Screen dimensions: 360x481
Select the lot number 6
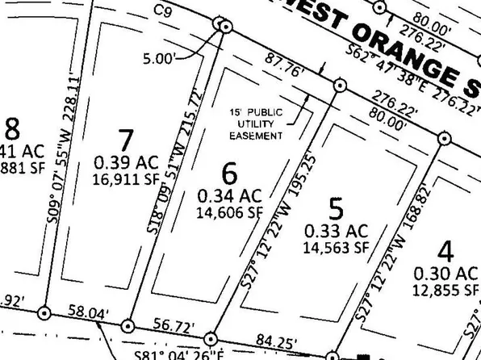[230, 172]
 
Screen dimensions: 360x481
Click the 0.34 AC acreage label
[229, 195]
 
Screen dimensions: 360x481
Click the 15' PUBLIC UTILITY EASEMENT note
[255, 123]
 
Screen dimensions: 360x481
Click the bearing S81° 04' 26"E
[195, 354]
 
